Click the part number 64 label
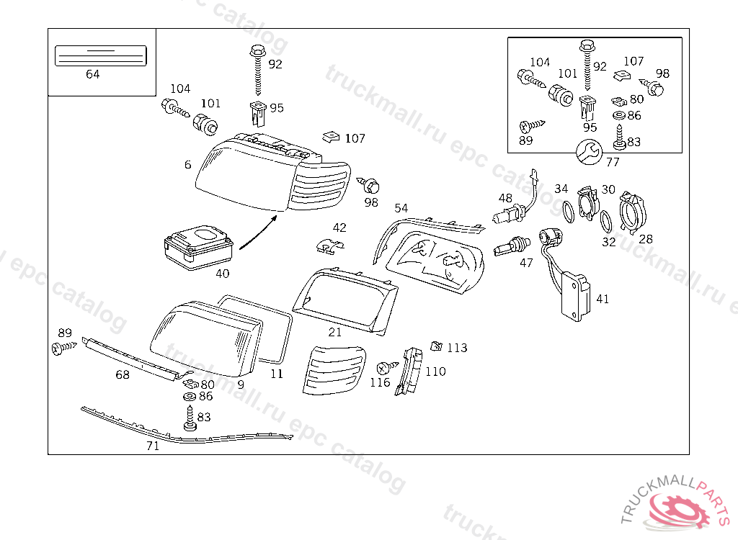tap(92, 74)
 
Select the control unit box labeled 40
tap(197, 246)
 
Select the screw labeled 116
tap(386, 366)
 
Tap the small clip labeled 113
tap(435, 346)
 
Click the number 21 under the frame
tap(335, 332)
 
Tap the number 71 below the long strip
tap(152, 446)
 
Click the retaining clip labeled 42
tap(330, 246)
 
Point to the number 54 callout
tap(401, 208)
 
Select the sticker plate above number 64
tap(101, 55)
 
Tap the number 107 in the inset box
tap(633, 62)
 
